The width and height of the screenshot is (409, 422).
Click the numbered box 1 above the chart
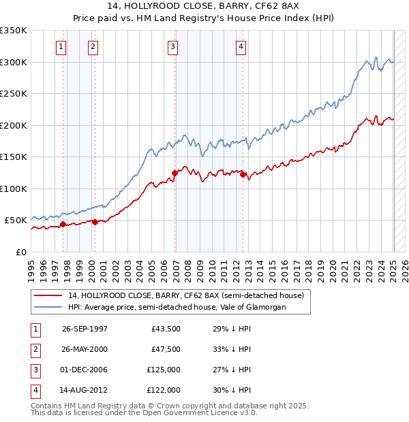(61, 47)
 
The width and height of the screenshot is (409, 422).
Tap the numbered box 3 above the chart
(173, 47)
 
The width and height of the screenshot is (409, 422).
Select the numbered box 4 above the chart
(241, 47)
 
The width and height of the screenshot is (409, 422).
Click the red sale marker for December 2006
(175, 173)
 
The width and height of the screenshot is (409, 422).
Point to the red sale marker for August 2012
(243, 175)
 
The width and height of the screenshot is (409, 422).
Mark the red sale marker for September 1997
(63, 224)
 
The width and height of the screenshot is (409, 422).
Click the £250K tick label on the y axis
(14, 93)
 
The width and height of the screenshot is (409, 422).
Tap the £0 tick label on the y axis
(21, 252)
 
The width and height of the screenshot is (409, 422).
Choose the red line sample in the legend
(48, 295)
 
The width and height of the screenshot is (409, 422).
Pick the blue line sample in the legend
(48, 307)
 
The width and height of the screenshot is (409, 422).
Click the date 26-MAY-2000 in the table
(85, 349)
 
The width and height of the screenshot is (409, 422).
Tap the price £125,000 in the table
(163, 370)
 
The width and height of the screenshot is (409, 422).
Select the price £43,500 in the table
(166, 329)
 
